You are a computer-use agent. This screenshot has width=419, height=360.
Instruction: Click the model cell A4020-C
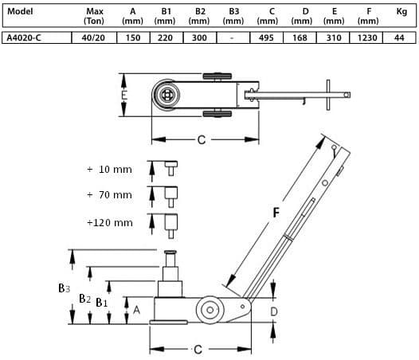tap(24, 38)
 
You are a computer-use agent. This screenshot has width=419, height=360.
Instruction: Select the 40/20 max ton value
tap(93, 38)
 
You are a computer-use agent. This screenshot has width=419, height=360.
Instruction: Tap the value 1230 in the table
tap(367, 38)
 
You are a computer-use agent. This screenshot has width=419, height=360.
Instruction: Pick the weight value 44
tap(399, 38)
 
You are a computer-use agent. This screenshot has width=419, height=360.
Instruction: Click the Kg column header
tap(401, 12)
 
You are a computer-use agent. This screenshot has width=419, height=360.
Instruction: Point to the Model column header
tap(20, 11)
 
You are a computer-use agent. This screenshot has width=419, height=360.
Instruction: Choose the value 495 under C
tap(266, 38)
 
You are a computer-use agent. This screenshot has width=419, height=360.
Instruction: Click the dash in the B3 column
tap(232, 38)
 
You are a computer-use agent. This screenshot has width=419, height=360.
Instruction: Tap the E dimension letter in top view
tap(124, 95)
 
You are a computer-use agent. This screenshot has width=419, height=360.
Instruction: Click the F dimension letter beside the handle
tap(276, 213)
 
